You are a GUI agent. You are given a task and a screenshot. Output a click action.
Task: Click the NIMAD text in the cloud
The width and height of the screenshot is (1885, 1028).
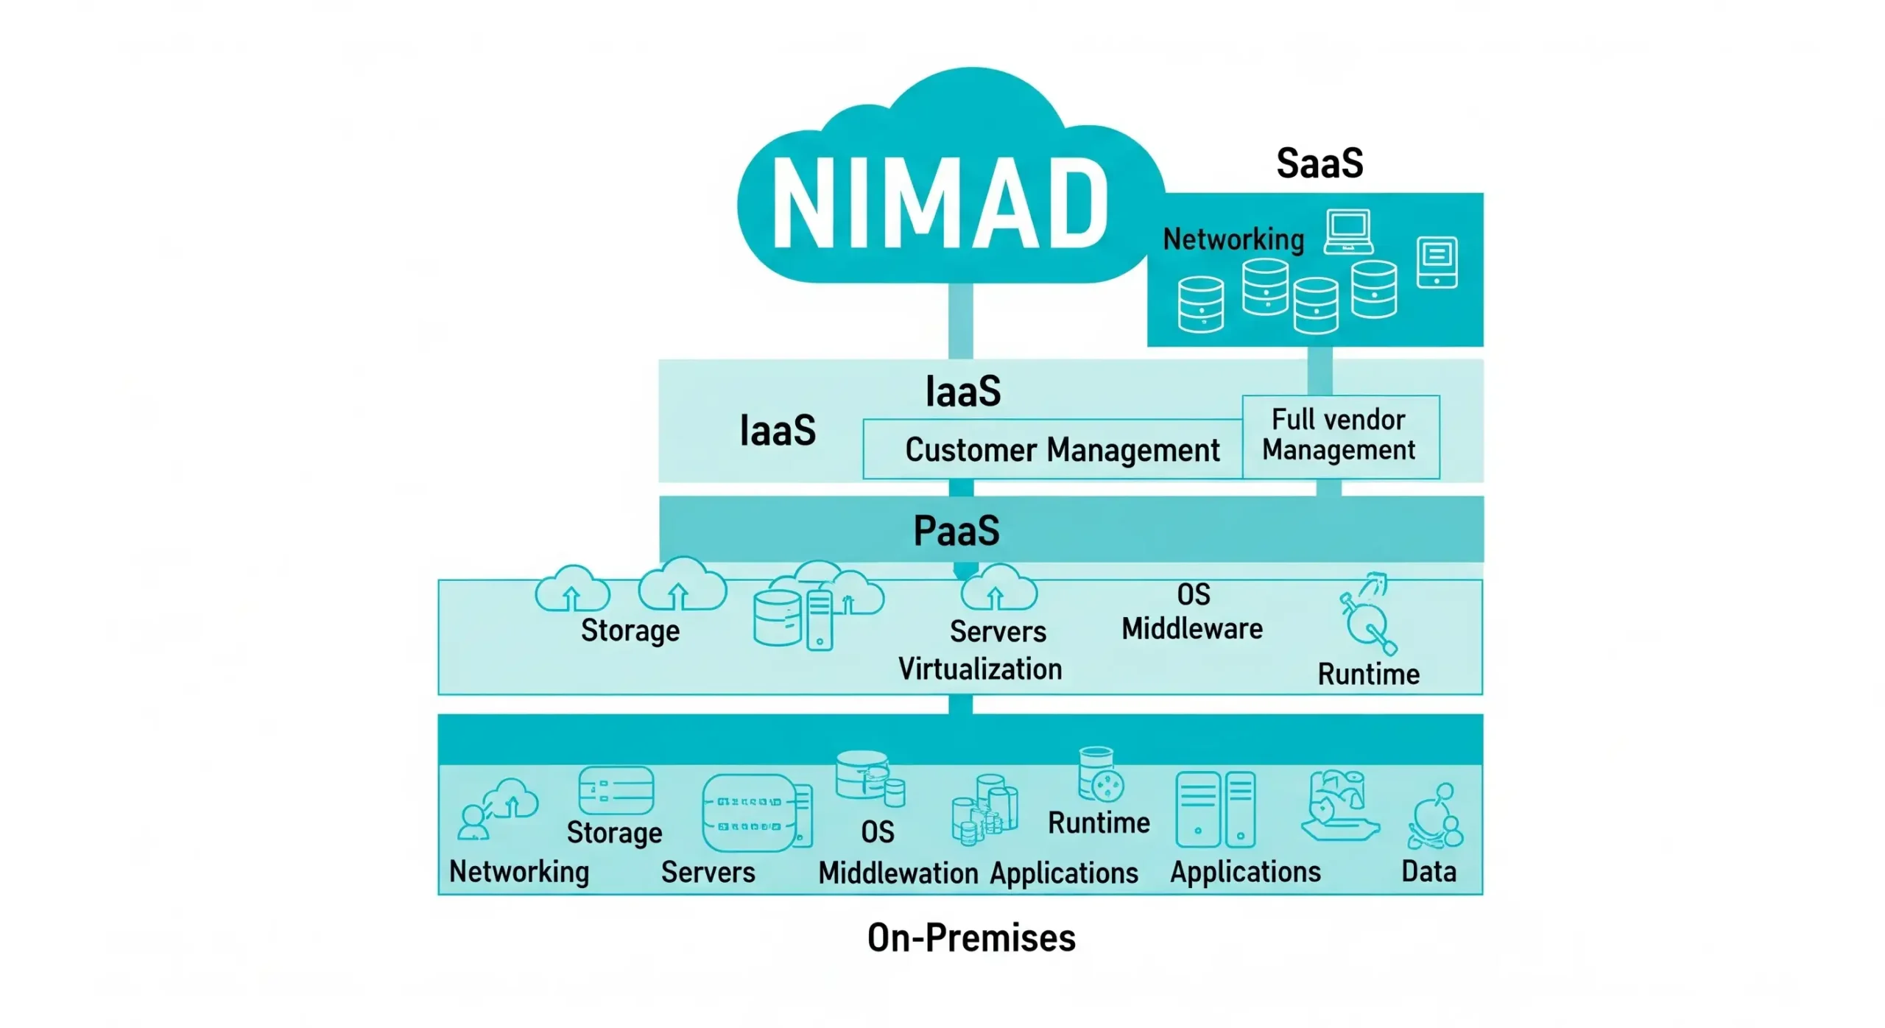point(939,204)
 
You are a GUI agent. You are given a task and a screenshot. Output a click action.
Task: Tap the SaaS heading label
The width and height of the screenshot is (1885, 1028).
point(1319,163)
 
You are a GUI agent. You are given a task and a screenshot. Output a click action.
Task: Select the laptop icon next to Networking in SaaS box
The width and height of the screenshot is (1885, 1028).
point(1347,231)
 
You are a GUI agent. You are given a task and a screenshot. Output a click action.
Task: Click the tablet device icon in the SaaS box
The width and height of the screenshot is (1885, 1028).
point(1436,261)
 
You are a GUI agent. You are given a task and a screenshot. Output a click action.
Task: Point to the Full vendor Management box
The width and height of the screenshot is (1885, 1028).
point(1340,436)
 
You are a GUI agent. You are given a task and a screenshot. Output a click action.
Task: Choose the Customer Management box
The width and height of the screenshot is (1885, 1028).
point(1053,449)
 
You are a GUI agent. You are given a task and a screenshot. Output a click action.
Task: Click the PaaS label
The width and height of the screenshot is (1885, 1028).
point(956,530)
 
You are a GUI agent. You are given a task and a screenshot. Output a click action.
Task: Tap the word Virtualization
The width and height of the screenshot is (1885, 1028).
point(979,669)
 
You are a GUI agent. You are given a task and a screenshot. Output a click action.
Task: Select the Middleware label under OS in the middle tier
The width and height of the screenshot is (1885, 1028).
point(1191,628)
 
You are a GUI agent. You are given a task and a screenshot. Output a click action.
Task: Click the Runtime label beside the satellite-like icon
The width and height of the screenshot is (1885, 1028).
point(1368,674)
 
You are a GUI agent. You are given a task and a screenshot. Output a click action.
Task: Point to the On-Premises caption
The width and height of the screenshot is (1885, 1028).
point(970,937)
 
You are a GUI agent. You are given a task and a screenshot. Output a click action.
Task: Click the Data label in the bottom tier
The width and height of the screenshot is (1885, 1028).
point(1428,871)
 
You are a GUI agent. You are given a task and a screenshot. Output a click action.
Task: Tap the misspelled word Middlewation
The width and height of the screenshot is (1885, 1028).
point(898,873)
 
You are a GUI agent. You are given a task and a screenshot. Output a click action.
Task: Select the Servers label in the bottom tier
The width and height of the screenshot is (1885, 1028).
point(708,872)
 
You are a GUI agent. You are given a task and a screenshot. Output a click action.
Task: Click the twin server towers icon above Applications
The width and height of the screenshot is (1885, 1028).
point(1215,809)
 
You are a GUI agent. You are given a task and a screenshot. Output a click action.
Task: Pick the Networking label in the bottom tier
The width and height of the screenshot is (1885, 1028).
point(519,871)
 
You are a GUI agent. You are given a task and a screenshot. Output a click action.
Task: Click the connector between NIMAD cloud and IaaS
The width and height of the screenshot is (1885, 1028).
point(960,321)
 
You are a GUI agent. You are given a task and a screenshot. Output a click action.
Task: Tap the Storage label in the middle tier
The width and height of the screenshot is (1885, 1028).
point(630,630)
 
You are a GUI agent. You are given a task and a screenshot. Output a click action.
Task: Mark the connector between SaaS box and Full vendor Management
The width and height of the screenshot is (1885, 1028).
point(1319,370)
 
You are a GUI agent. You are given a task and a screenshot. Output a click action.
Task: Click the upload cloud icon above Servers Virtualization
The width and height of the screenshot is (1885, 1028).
point(998,589)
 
